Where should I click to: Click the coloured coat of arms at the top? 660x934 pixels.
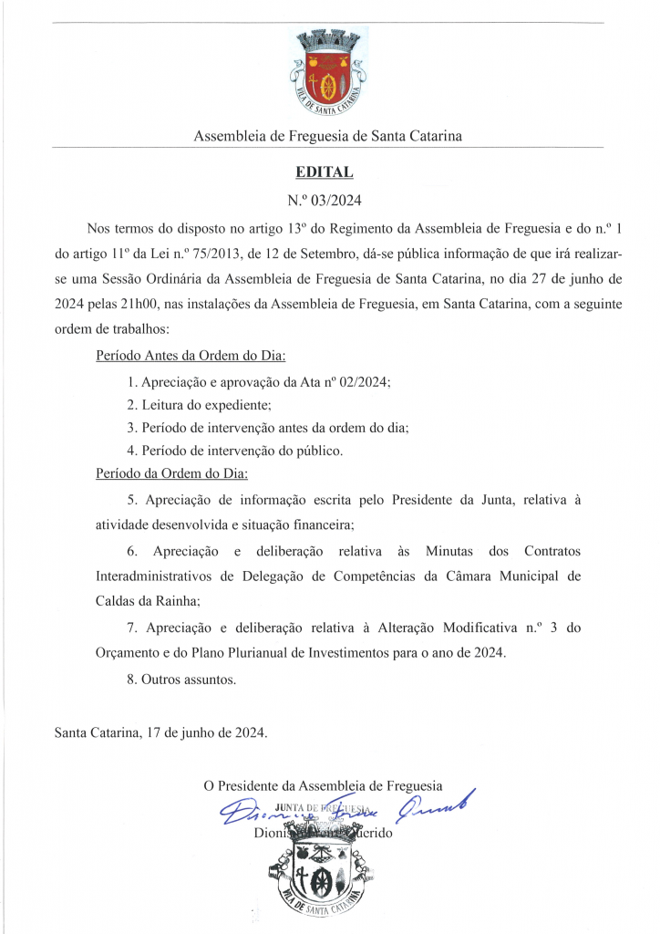point(327,72)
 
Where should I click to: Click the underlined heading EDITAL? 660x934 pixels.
point(325,171)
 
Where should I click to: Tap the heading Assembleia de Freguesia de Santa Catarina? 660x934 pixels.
point(327,136)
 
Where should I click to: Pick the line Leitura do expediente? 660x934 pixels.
point(200,404)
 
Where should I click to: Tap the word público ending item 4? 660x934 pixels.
point(315,451)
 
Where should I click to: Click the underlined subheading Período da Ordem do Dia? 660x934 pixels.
point(171,473)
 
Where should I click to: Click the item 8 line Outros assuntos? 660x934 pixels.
point(181,680)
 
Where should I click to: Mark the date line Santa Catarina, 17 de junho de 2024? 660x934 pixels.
point(161,732)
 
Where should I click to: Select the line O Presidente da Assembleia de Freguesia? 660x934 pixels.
point(323,785)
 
